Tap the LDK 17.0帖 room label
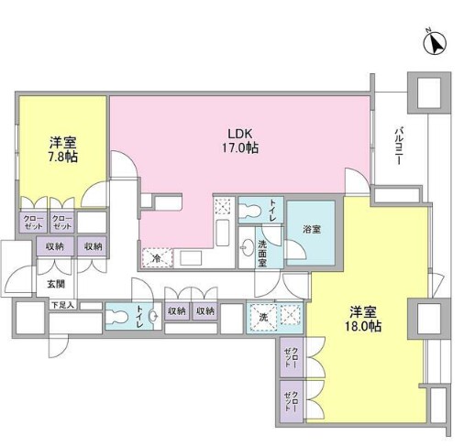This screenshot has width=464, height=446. click(x=229, y=137)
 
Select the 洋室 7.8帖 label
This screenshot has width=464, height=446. click(x=62, y=149)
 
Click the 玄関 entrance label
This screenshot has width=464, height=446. click(x=58, y=284)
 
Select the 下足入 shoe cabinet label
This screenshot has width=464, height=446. click(x=62, y=304)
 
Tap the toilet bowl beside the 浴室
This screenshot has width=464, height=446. click(x=249, y=212)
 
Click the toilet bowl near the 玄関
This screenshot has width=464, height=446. click(x=117, y=315)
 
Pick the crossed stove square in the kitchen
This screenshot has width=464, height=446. click(x=221, y=206)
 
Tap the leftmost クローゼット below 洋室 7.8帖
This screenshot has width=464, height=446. click(x=33, y=221)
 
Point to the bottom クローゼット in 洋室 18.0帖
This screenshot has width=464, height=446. click(x=292, y=399)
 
